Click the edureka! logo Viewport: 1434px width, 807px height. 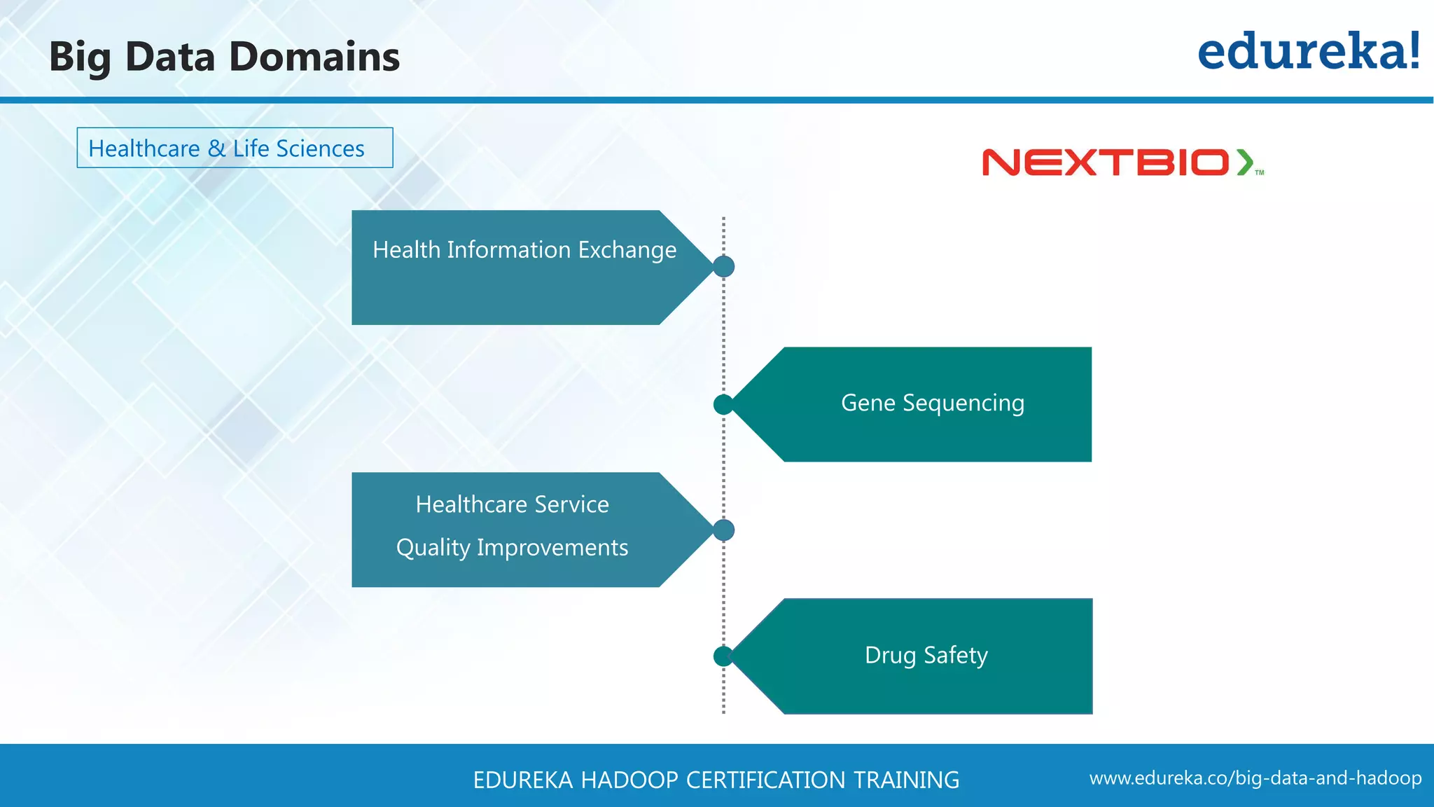1308,53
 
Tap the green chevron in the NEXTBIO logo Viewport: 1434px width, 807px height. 1244,163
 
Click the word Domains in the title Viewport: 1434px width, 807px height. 314,57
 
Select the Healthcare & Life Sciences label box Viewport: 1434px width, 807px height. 235,148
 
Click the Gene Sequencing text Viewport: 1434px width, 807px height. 932,403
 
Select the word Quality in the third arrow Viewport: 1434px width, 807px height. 433,548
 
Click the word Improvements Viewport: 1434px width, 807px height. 552,548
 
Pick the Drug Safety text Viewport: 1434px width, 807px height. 926,656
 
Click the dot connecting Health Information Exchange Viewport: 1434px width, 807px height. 723,266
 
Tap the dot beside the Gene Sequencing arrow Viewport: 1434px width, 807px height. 723,404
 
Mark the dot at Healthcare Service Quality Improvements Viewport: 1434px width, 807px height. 723,530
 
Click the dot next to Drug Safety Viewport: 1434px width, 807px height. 723,656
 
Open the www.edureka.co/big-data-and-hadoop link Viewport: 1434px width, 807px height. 1255,778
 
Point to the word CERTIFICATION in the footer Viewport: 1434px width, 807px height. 765,780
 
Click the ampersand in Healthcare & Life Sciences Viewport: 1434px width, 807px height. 216,149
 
